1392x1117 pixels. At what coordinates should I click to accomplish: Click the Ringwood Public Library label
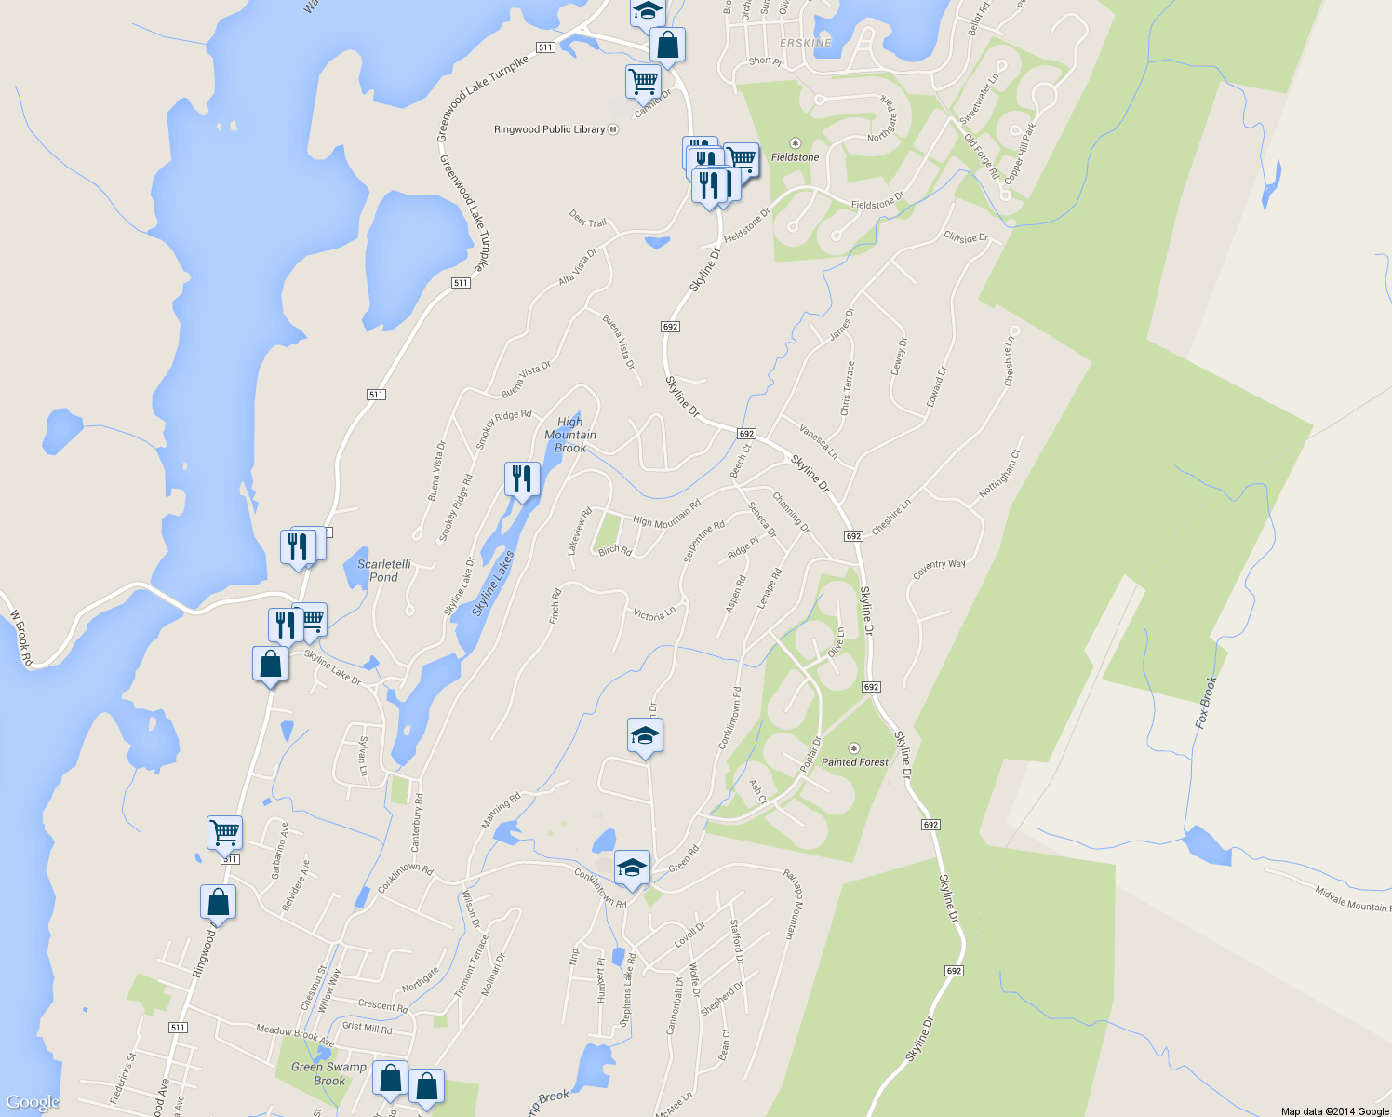550,129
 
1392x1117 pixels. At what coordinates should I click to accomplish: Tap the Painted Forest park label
854,761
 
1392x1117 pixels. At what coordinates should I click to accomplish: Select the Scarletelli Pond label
384,571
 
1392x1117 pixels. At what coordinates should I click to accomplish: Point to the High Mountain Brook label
570,435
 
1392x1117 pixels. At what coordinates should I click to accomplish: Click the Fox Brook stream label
1206,702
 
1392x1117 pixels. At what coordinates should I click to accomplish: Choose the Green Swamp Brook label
328,1073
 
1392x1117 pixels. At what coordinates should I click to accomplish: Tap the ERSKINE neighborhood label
806,43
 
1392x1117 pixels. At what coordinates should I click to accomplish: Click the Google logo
33,1102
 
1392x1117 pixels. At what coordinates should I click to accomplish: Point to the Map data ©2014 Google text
1334,1111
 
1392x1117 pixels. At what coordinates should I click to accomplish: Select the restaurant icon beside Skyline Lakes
522,479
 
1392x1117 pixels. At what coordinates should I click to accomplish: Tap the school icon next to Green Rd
632,868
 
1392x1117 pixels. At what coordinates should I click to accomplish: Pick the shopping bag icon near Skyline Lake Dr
270,664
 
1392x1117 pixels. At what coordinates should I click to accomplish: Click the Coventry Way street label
939,569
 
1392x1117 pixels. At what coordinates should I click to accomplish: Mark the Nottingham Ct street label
1000,474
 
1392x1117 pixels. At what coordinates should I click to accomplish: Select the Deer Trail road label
587,220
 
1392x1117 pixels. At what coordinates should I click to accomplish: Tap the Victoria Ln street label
653,614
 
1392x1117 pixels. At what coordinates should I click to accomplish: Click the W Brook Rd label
21,638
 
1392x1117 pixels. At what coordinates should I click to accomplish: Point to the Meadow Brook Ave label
294,1033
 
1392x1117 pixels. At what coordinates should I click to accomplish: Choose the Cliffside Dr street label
966,237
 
